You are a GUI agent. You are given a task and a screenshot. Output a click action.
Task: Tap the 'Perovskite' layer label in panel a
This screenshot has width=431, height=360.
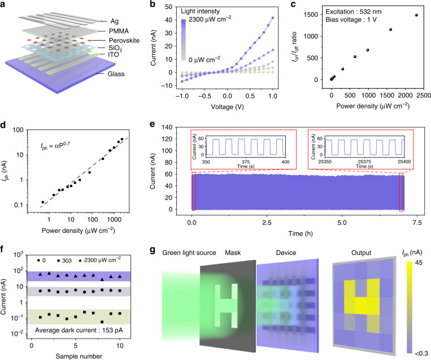124,41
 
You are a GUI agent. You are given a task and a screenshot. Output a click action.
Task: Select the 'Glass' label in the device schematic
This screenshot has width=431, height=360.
116,73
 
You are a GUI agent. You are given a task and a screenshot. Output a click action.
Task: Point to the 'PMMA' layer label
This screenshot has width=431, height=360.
119,31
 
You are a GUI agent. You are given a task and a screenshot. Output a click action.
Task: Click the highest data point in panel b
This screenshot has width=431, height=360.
273,18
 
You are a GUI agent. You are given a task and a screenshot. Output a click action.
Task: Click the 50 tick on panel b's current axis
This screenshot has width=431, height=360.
168,7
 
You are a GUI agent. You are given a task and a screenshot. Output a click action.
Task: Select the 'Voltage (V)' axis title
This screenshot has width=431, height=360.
227,107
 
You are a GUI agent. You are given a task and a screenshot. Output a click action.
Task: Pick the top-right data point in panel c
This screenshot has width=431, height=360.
416,15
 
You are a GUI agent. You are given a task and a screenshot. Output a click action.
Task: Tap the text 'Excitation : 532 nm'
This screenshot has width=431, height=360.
354,12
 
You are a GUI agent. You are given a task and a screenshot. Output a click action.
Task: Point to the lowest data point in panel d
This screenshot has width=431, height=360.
43,202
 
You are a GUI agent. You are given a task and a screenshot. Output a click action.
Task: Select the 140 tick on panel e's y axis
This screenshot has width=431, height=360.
167,127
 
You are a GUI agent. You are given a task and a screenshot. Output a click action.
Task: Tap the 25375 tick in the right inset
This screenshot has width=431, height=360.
364,162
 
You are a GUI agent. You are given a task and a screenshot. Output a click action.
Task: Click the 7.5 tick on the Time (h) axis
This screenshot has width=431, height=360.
417,223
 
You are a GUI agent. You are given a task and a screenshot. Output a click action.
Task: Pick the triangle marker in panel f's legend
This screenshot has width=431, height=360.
80,260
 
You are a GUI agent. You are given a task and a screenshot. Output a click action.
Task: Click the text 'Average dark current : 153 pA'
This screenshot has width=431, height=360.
79,330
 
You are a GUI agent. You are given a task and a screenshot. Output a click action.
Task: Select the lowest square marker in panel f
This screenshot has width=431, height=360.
102,322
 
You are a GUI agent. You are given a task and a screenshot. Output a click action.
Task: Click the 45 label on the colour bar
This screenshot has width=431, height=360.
419,263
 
